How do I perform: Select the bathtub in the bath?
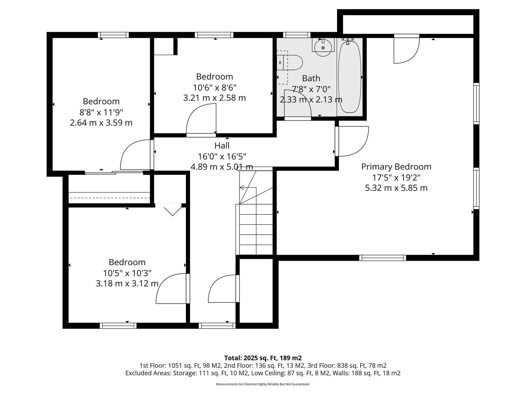coord(350,77)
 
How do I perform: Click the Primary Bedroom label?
coord(396,167)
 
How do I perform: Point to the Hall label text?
coord(222,146)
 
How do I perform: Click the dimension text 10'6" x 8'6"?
coord(214,87)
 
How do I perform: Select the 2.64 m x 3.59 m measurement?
coord(101,123)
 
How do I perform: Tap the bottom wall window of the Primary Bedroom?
coord(382,258)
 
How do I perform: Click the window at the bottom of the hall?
coord(217,326)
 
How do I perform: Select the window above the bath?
coord(297,35)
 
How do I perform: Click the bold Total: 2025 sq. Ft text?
coord(263,358)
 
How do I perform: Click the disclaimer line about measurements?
coord(263,384)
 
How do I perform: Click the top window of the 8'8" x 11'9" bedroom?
coord(113,35)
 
